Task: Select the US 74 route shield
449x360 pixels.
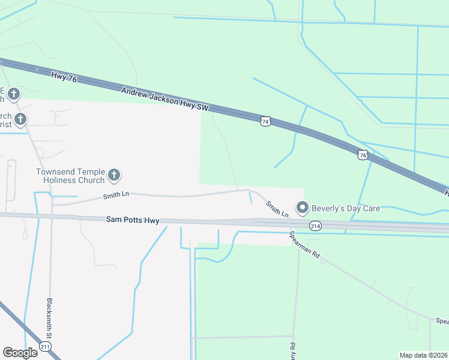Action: [266, 121]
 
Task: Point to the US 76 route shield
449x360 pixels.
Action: [362, 155]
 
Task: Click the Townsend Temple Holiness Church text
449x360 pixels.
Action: [70, 176]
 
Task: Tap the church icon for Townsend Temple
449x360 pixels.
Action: [114, 176]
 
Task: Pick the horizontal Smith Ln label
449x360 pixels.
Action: [116, 194]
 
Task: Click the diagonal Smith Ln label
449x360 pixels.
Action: [277, 209]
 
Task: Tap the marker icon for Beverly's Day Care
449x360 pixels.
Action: [303, 208]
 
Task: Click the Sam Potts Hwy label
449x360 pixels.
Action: [133, 221]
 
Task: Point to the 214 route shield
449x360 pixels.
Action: [315, 226]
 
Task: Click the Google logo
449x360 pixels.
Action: [20, 352]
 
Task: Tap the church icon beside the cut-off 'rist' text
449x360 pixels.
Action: [20, 119]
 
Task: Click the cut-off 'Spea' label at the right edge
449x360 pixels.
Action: [441, 321]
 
